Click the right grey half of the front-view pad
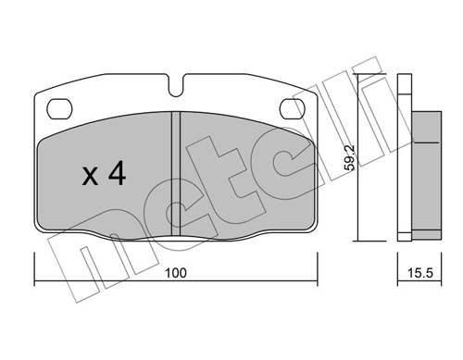point(241,176)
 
